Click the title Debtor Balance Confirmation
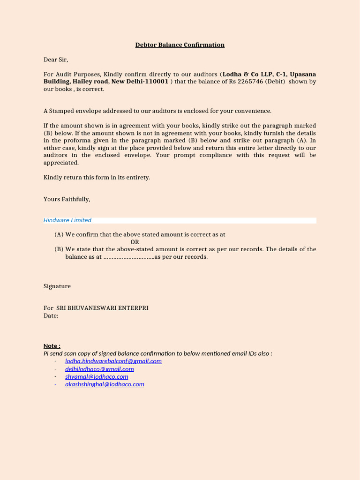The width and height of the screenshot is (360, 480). [180, 45]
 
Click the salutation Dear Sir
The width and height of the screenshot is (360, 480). [56, 60]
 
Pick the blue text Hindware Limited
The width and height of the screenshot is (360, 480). [67, 220]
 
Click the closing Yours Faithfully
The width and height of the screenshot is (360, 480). [67, 199]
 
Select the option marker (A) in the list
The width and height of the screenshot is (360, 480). [59, 234]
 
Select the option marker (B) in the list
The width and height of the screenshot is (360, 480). [59, 249]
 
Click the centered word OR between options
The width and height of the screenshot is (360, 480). [135, 242]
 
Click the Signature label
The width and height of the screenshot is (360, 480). [57, 286]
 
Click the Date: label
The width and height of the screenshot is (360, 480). [51, 316]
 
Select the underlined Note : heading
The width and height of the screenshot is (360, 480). [52, 346]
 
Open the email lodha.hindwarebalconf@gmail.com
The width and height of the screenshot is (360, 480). [113, 361]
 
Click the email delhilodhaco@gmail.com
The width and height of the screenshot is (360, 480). [99, 369]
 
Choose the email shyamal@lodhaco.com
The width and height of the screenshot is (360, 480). [97, 376]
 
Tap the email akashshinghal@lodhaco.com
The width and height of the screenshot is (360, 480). [105, 384]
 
